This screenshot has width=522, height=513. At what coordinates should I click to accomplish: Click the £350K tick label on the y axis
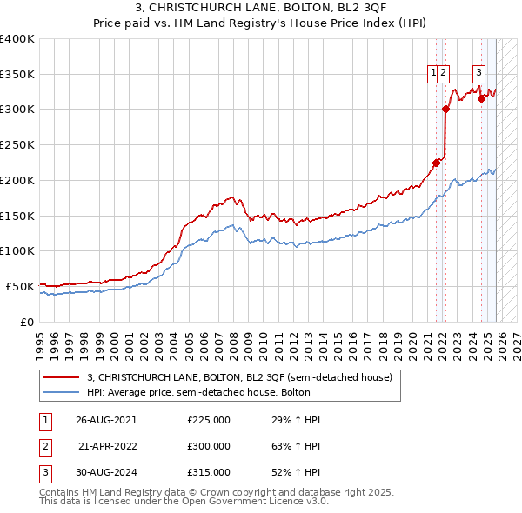[17, 75]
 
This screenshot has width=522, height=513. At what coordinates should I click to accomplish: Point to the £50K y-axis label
[19, 286]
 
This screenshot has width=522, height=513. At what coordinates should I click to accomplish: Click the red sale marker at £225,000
[437, 163]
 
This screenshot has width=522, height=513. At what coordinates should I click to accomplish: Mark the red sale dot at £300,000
[445, 110]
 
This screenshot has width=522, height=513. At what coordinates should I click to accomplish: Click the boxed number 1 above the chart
[432, 73]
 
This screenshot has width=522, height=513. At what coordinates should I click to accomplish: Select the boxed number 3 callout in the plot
[478, 73]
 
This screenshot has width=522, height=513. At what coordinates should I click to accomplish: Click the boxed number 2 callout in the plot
[444, 73]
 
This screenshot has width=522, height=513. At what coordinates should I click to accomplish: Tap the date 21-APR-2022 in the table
[108, 446]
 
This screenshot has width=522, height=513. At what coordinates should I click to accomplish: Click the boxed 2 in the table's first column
[43, 446]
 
